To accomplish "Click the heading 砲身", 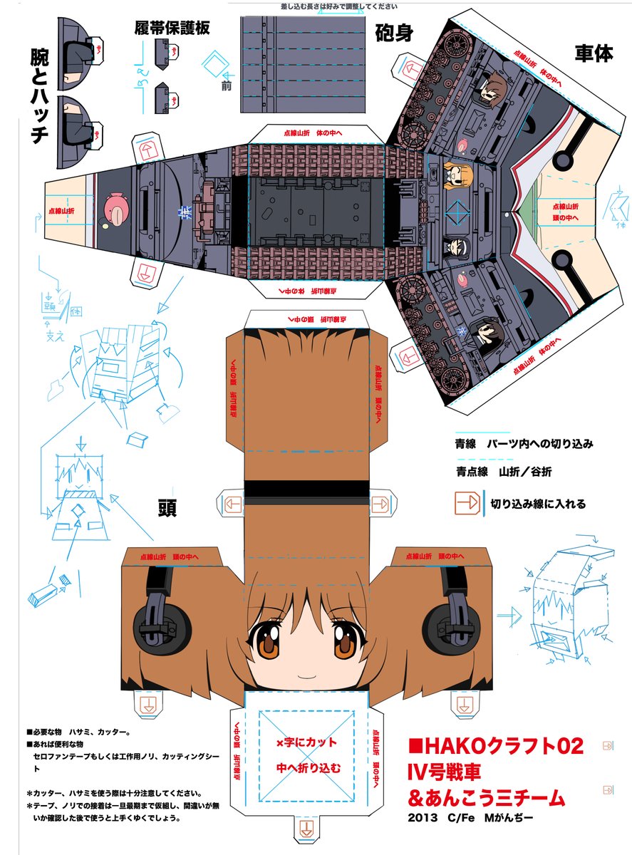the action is pyautogui.click(x=394, y=33).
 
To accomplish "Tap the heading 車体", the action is pyautogui.click(x=593, y=53).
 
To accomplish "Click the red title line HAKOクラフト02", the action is pyautogui.click(x=497, y=746).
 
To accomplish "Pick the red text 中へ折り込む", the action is pyautogui.click(x=307, y=768).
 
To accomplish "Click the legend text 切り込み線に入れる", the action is pyautogui.click(x=538, y=504).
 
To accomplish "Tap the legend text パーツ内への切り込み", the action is pyautogui.click(x=539, y=444).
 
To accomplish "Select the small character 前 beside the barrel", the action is pyautogui.click(x=227, y=87).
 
